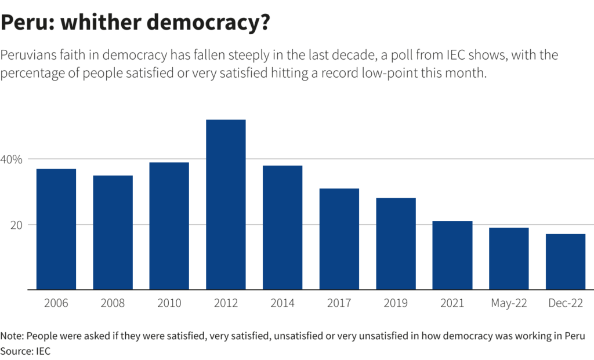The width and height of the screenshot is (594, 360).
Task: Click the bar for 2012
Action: [x=226, y=205]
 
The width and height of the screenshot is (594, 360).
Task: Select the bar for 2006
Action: [x=56, y=229]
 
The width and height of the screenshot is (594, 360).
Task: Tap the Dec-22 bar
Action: [x=566, y=261]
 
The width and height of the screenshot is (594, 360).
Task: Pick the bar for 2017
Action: [x=339, y=239]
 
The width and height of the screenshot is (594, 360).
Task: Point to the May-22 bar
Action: [x=509, y=259]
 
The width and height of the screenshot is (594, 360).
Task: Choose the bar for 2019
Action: [x=396, y=243]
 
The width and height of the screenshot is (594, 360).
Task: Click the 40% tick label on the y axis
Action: [x=12, y=159]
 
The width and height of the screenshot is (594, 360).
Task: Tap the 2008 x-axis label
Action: [x=113, y=303]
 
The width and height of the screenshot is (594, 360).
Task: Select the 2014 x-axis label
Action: [x=282, y=303]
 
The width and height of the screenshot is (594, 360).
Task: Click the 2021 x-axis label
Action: [x=452, y=303]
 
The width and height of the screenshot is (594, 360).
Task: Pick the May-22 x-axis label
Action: [x=509, y=303]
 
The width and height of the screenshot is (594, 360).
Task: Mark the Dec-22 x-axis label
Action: [x=566, y=303]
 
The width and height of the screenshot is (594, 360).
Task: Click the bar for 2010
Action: [x=169, y=226]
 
